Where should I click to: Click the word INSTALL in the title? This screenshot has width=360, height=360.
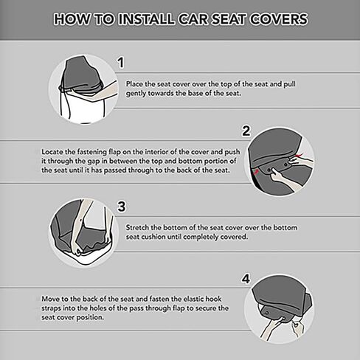point(147,19)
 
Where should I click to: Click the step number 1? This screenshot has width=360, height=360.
point(121,63)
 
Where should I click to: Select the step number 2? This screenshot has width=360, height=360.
point(246,131)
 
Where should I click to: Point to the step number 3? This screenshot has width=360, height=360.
point(122,207)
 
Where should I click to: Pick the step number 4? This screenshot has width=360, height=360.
point(246,279)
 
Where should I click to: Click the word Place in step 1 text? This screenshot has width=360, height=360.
point(134,84)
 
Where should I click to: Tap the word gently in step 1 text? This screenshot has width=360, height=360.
point(136,94)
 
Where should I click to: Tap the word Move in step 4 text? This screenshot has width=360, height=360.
point(50,299)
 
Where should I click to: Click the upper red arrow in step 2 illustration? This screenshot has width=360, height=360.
point(300,156)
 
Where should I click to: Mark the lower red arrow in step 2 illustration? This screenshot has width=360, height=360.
point(256,171)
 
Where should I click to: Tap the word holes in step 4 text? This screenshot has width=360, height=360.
point(97,308)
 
